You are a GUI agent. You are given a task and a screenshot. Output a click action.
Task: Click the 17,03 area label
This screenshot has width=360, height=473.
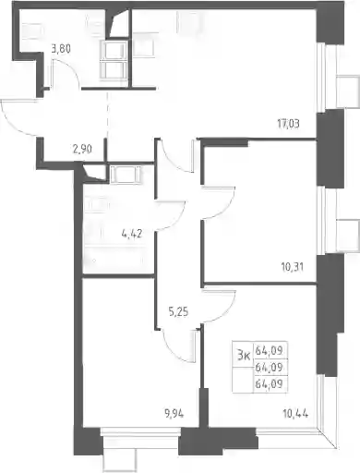click(288, 124)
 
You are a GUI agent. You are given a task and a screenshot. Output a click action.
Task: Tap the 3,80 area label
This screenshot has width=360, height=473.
click(61, 49)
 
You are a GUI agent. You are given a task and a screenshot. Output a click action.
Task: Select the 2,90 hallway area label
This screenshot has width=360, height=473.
click(82, 150)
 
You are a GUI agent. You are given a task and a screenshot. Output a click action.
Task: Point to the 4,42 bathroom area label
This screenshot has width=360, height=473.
click(132, 234)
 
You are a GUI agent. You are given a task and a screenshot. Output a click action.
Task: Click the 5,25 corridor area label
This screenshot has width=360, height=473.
click(178, 312)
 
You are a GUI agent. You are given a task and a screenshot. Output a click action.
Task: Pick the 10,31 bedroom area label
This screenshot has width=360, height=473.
click(292, 267)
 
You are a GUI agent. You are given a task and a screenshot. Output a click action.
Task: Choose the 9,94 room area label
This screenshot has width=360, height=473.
click(174, 414)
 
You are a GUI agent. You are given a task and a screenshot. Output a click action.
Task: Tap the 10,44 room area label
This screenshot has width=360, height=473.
click(295, 414)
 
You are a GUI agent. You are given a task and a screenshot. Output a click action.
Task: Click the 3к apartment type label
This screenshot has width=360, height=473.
click(244, 356)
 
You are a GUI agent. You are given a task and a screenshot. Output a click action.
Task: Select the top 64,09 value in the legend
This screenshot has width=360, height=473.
click(269, 350)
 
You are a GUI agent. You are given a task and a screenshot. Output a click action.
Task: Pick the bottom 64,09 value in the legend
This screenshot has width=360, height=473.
click(269, 383)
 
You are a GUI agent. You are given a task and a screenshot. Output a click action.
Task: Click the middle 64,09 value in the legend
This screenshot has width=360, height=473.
click(269, 367)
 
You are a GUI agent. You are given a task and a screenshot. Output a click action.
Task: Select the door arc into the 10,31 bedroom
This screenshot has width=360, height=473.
click(227, 210)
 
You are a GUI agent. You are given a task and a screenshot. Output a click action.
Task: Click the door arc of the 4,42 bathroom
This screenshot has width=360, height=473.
click(178, 221)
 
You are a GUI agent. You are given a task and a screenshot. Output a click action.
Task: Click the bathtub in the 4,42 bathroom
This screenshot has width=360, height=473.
click(118, 260)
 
